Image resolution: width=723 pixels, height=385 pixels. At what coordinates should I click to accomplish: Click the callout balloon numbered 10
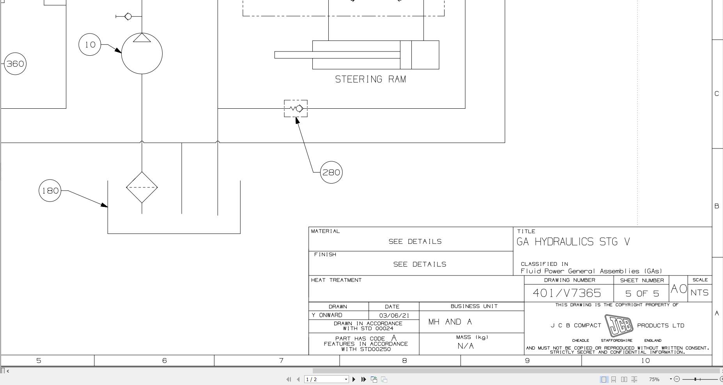pos(90,44)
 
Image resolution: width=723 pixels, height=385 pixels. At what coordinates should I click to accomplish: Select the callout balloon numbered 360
pos(15,64)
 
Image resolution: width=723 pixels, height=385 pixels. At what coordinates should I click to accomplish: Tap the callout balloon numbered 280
pos(331,172)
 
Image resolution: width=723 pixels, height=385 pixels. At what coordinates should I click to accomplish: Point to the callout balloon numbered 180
pos(50,191)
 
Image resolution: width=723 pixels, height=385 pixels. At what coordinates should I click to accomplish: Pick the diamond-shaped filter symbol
pos(142,187)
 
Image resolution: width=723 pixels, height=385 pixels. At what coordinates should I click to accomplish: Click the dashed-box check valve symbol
pos(296,108)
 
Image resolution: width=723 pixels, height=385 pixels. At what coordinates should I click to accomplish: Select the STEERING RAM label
pos(370,79)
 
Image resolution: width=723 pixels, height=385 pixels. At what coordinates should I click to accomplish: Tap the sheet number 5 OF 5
pos(641,293)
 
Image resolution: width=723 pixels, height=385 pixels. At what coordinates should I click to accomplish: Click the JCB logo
pos(619,325)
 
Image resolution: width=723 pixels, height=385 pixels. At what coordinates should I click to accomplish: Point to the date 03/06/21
pos(394,315)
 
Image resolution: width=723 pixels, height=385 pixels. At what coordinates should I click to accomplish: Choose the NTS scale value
pos(700,293)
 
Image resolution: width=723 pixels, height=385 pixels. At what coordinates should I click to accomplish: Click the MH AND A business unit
pos(450,322)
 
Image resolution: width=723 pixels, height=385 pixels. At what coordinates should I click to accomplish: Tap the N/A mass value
pos(466,346)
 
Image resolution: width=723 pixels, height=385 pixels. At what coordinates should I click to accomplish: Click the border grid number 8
pos(404,360)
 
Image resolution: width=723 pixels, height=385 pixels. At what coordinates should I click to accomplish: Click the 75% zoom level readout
pos(654,379)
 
